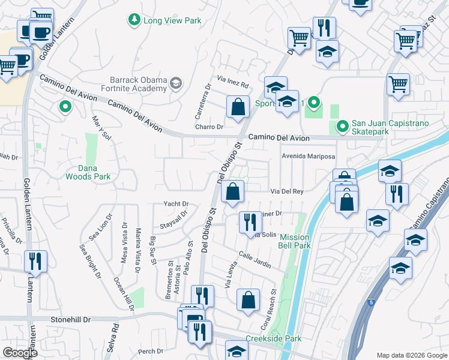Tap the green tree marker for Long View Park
pyautogui.click(x=133, y=20)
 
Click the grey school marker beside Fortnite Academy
pyautogui.click(x=176, y=82)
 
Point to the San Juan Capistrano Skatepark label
pyautogui.click(x=392, y=127)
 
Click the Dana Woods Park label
pyautogui.click(x=87, y=173)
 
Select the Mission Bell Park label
pyautogui.click(x=295, y=241)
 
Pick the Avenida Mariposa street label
pyautogui.click(x=309, y=156)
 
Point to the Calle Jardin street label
pyautogui.click(x=255, y=259)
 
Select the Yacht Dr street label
pyautogui.click(x=176, y=204)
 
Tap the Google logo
pyautogui.click(x=20, y=353)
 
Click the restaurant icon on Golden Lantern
pyautogui.click(x=35, y=262)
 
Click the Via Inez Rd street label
pyautogui.click(x=229, y=80)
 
